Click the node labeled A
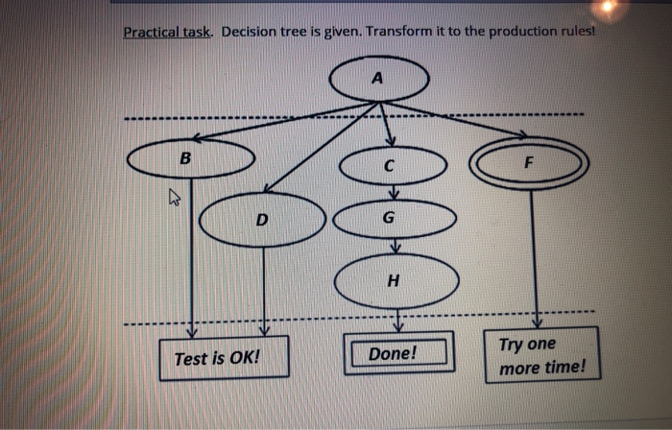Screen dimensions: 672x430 379,79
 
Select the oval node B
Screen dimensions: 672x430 191,158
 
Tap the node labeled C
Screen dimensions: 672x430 393,165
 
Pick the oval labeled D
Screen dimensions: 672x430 262,220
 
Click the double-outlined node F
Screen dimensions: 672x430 529,163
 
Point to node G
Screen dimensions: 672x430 395,219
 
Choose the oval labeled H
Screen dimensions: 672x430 396,281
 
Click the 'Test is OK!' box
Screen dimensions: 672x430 224,358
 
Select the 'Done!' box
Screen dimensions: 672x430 398,353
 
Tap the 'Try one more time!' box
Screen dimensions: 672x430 542,355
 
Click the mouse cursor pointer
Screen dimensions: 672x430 174,197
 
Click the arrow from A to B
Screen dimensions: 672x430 285,121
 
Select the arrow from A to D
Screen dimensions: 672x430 321,147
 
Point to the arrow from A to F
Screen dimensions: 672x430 453,119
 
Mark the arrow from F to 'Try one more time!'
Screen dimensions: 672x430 535,259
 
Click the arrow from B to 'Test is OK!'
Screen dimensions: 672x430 192,258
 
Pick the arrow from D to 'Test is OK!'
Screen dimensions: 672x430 264,291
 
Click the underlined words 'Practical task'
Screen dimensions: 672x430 167,32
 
